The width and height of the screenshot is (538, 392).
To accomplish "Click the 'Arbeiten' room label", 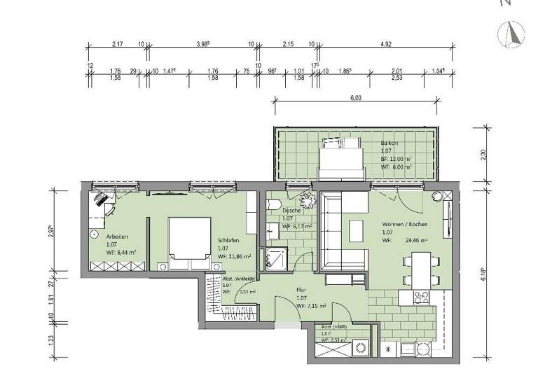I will [x=99, y=237].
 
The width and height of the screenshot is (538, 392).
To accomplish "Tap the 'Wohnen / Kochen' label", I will [x=404, y=223].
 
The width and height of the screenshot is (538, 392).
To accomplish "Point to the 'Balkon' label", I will [x=389, y=143].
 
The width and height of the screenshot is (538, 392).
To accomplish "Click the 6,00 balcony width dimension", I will [x=356, y=99].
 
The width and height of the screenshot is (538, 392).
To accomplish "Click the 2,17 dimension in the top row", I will [x=117, y=43].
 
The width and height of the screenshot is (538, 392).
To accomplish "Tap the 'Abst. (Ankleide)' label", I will [x=239, y=277].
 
